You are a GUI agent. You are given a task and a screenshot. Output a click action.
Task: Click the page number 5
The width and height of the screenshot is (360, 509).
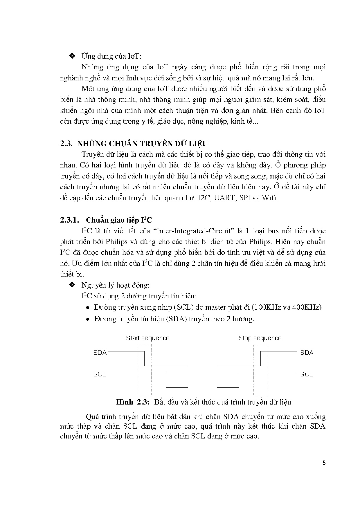pos(324,463)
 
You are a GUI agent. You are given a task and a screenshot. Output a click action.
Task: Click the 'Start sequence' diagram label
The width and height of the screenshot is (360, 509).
pos(147,338)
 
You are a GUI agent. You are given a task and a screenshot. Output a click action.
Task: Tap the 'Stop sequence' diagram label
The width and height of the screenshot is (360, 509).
pos(260,338)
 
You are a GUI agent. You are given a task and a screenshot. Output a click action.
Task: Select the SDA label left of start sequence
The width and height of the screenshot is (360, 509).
pos(100,353)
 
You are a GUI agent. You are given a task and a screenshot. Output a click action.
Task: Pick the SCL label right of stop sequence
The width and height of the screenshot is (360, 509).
pos(307,374)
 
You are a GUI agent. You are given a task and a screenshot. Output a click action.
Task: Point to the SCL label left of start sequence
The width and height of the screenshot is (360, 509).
pos(100,374)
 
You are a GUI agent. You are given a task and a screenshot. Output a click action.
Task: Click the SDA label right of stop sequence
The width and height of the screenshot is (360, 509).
pos(307,353)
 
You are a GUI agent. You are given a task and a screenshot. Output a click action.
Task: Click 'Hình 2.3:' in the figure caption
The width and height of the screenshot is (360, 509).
pos(132,402)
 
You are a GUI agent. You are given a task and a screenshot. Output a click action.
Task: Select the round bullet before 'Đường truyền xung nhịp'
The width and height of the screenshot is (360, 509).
pos(88,308)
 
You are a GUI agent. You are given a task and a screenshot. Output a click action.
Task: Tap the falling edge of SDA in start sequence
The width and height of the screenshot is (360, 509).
pos(144,358)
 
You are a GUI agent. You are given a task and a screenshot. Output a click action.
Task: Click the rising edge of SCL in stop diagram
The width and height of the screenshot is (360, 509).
pos(239,380)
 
